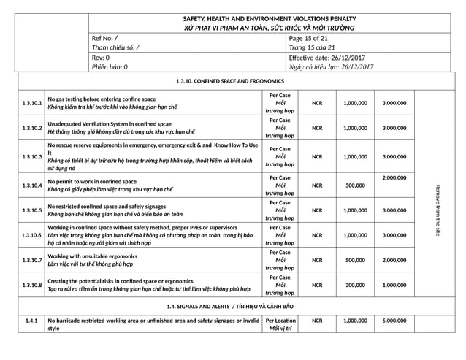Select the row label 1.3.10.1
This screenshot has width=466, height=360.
pos(31,103)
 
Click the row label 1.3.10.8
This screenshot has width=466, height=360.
pos(31,286)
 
